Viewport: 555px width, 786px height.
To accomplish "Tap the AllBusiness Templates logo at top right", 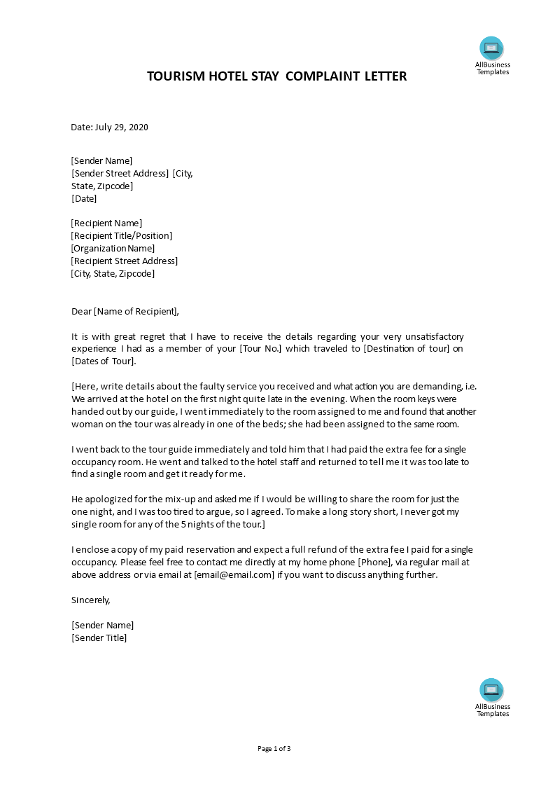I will point(492,48).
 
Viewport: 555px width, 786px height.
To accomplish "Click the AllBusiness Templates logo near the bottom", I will point(492,690).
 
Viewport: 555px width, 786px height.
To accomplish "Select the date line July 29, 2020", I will point(110,127).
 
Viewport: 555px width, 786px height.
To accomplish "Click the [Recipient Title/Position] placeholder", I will point(122,236).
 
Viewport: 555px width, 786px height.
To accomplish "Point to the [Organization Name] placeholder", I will point(113,249).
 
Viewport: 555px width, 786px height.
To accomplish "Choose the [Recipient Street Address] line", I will point(125,261).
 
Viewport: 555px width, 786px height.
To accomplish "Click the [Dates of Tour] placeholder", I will point(104,361).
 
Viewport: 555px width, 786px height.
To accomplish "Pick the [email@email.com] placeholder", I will point(234,575).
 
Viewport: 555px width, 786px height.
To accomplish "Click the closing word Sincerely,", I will point(91,600).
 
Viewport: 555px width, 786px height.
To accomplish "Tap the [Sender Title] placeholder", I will point(99,638).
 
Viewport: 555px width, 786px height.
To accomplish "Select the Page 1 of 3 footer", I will point(274,749).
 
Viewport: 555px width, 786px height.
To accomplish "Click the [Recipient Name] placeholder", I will point(106,223).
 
